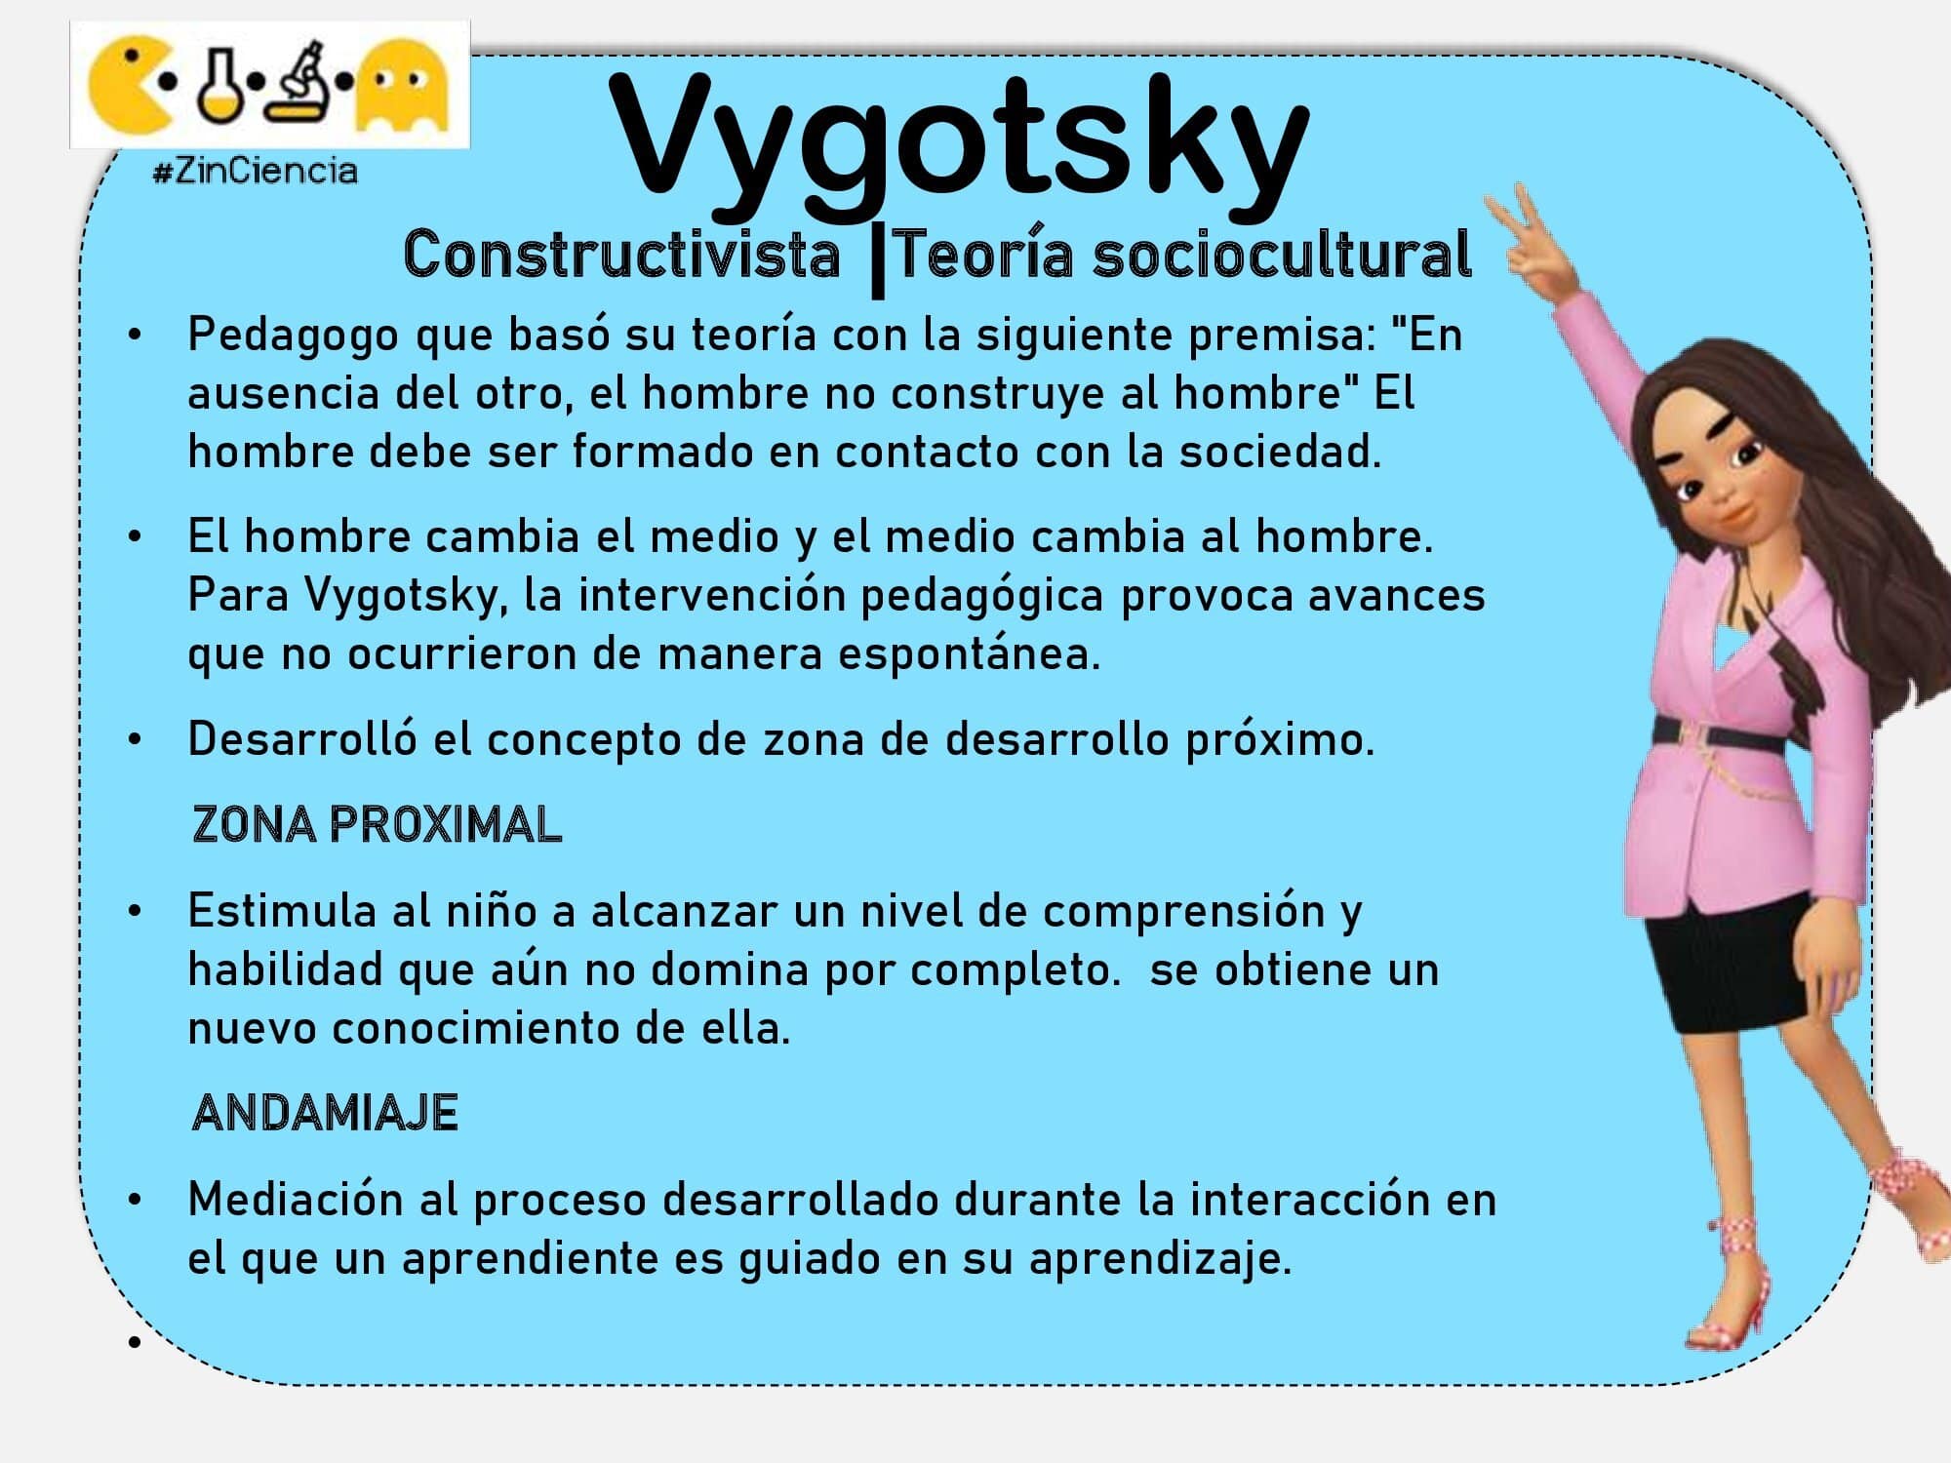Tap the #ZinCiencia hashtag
(256, 172)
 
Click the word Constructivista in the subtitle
(621, 256)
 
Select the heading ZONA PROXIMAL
(377, 825)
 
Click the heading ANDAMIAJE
(325, 1113)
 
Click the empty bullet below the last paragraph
(135, 1343)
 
